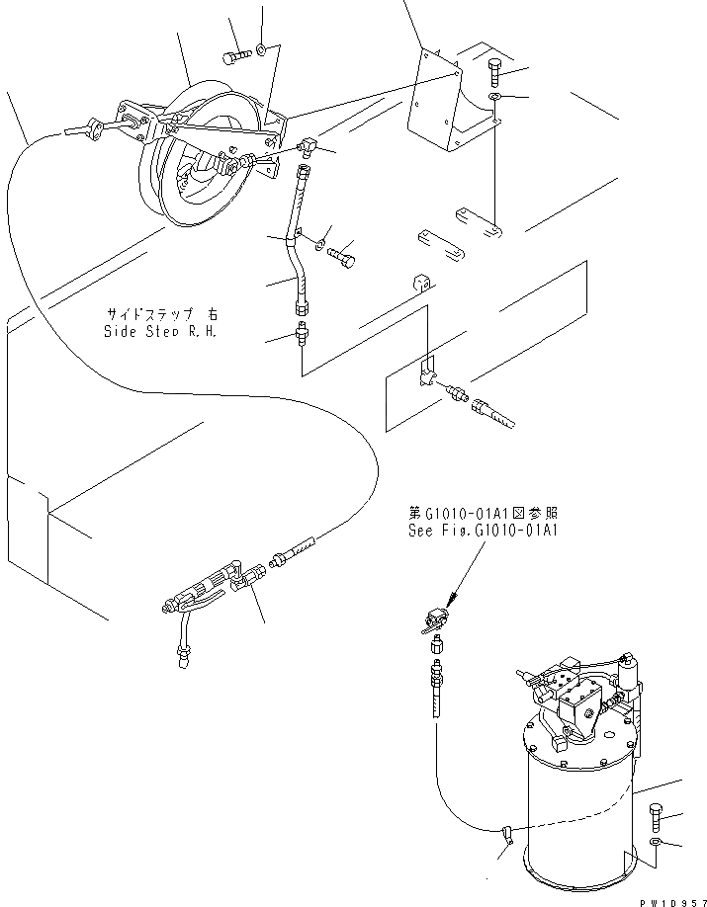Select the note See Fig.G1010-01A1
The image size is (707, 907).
point(485,528)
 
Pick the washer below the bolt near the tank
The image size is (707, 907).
point(659,843)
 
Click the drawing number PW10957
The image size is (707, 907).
point(667,896)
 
